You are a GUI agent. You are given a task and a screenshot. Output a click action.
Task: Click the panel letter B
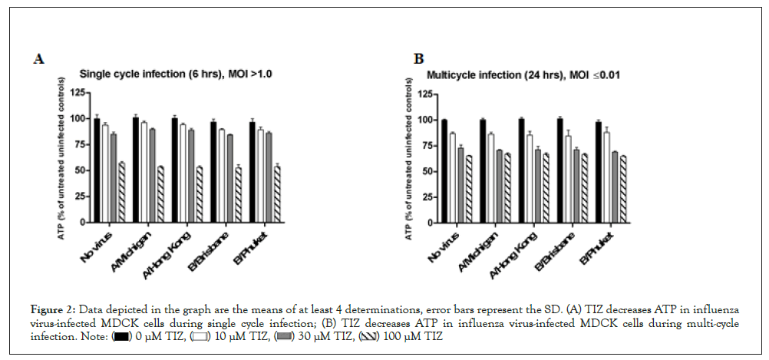[x=419, y=58]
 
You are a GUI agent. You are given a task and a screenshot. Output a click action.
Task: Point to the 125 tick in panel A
[x=78, y=92]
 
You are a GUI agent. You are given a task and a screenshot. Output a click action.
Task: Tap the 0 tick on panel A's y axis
[x=82, y=223]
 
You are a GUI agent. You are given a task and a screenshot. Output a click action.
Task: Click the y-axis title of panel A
[x=60, y=157]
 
